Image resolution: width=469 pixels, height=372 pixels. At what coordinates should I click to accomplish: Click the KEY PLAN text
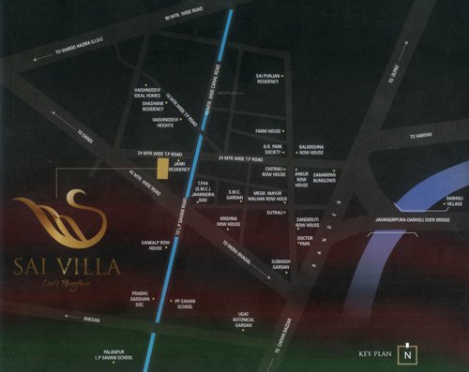374,354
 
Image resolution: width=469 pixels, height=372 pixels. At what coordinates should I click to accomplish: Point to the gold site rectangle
161,168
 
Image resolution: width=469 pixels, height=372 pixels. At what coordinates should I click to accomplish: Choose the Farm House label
267,131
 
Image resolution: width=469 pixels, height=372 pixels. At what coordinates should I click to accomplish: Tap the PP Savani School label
183,305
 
